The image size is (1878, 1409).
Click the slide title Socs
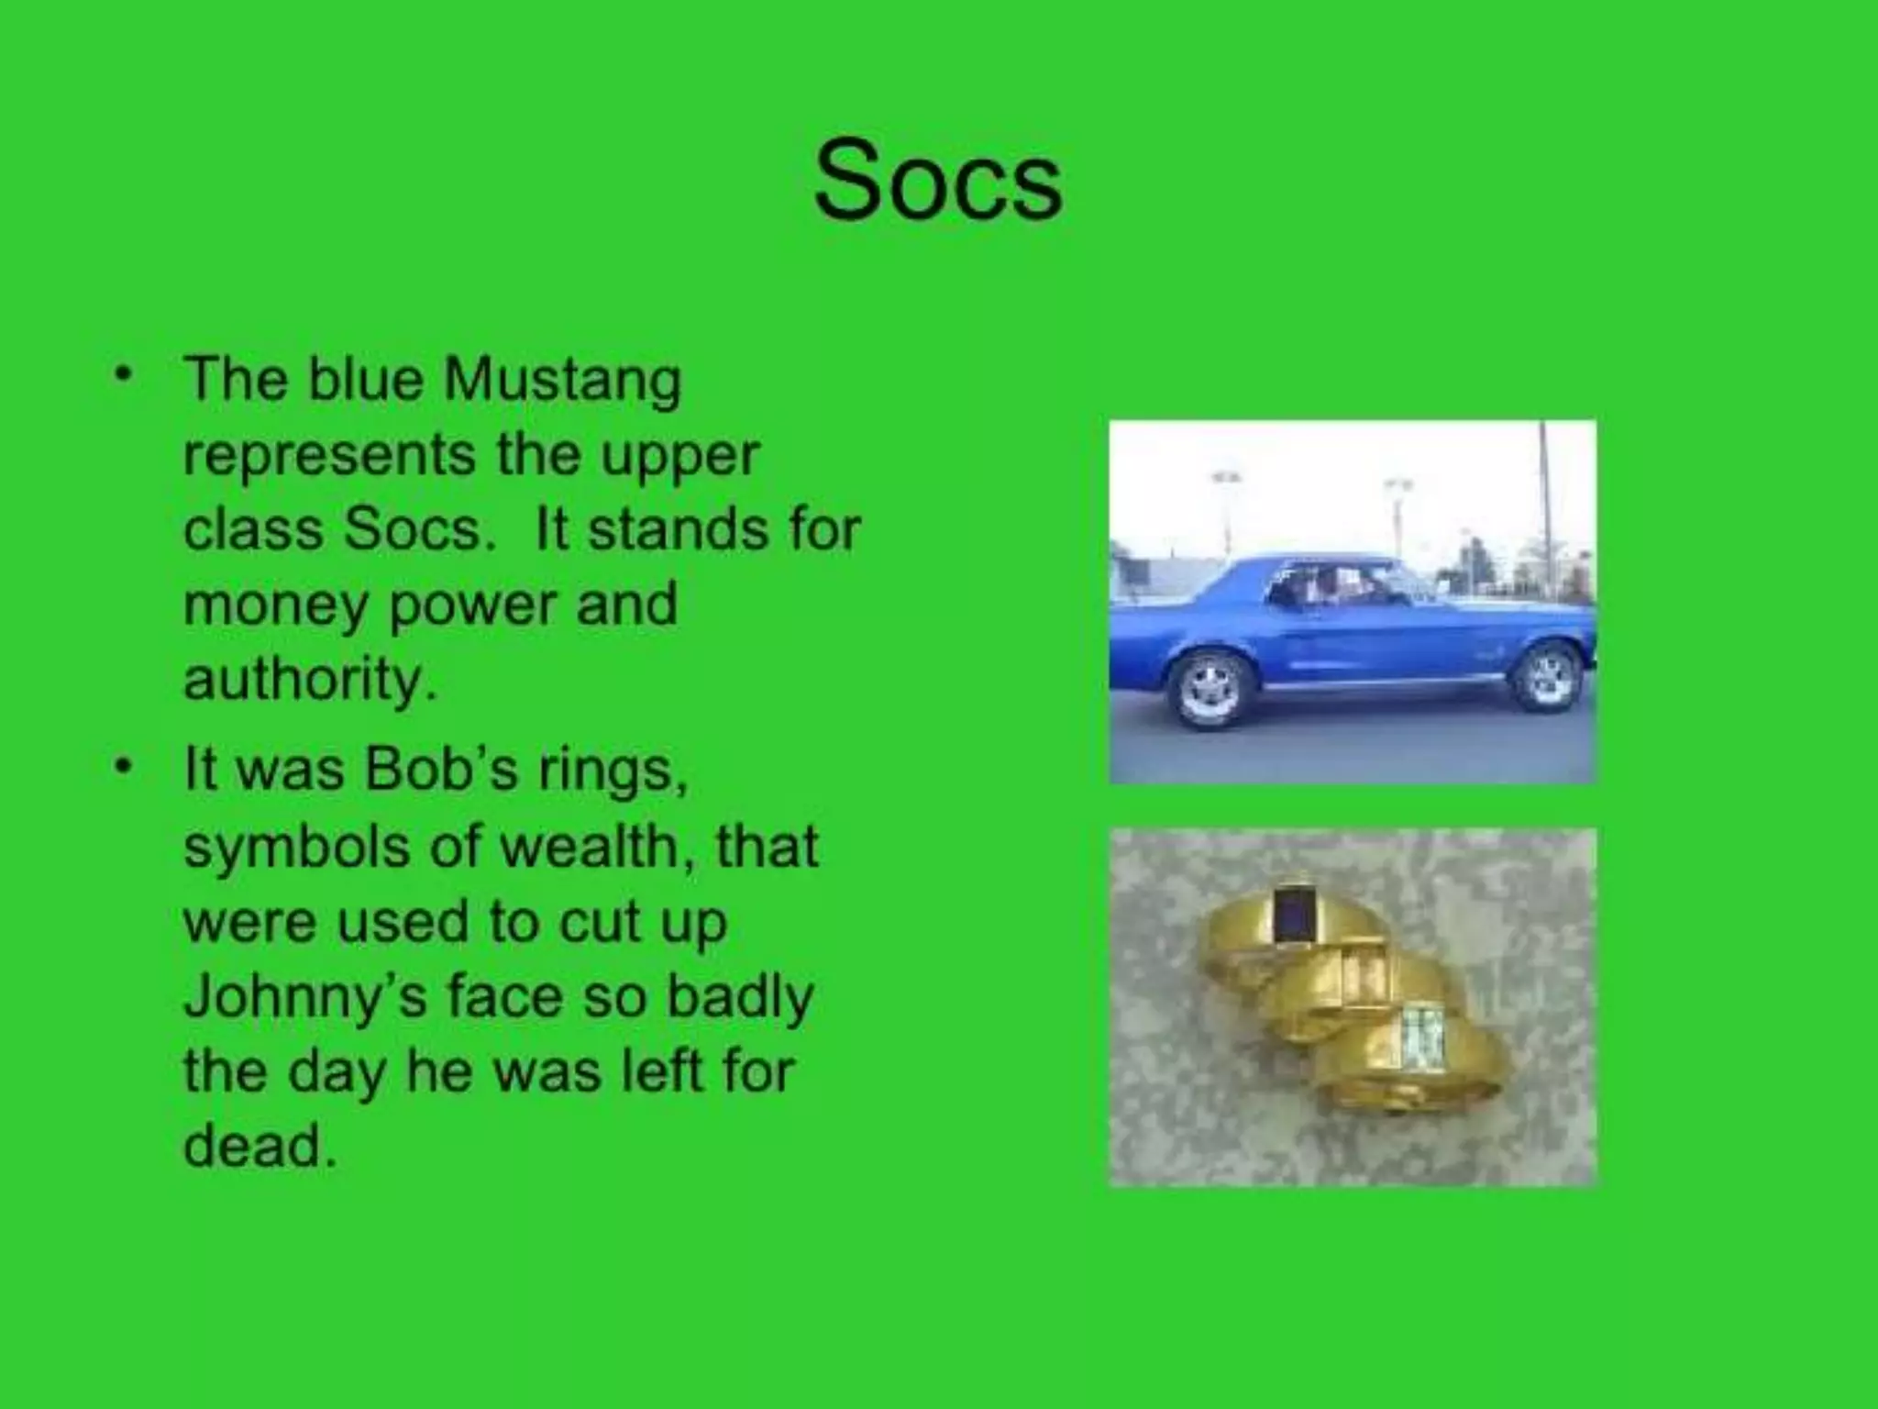coord(937,181)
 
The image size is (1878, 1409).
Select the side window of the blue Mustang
coord(1334,587)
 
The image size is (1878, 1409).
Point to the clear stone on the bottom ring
coord(1419,1037)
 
